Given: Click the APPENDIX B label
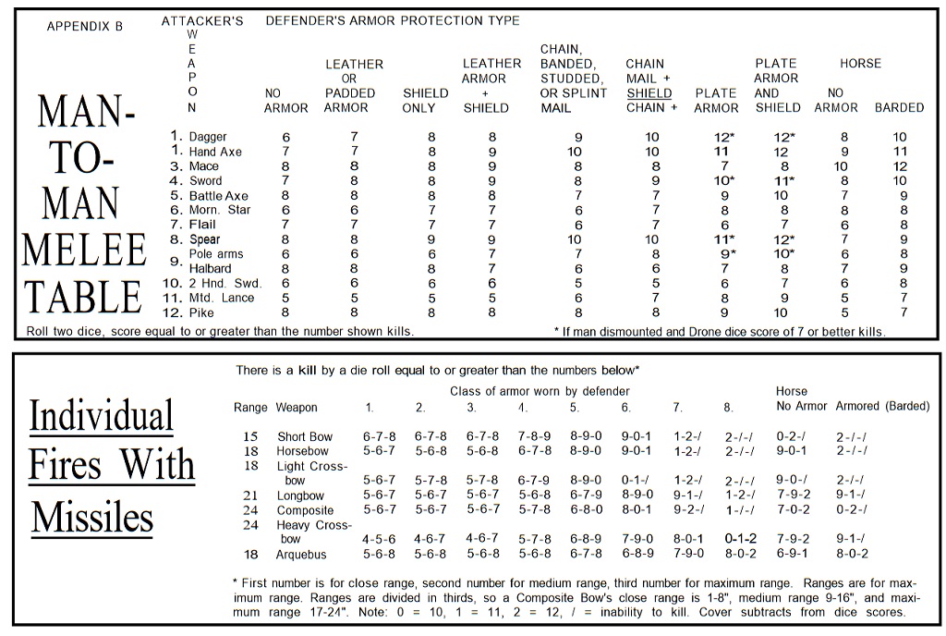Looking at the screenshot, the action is coord(84,27).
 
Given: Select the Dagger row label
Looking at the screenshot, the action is coord(208,137).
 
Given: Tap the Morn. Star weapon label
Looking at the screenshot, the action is coord(220,210).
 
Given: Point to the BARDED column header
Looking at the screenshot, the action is coord(899,107).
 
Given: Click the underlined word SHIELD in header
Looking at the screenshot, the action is coord(649,93).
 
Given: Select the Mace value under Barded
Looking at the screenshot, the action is coord(900,166).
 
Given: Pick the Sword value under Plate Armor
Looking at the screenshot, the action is coord(724,181).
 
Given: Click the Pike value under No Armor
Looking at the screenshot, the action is coord(285,312).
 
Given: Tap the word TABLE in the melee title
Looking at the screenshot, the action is coord(84,297).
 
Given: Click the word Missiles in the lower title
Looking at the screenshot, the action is coord(92,517).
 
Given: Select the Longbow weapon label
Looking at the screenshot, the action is coord(300,496).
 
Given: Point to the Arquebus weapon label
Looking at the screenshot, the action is coord(301,555).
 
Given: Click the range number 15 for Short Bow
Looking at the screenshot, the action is coord(250,436).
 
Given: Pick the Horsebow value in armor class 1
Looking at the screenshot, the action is coord(379,451).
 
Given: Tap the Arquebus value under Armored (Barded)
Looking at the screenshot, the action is coord(852,554).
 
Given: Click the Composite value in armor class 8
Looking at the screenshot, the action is coord(740,510).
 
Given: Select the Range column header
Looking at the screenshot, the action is coord(250,408).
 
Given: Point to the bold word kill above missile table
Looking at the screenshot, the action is coord(308,370).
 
